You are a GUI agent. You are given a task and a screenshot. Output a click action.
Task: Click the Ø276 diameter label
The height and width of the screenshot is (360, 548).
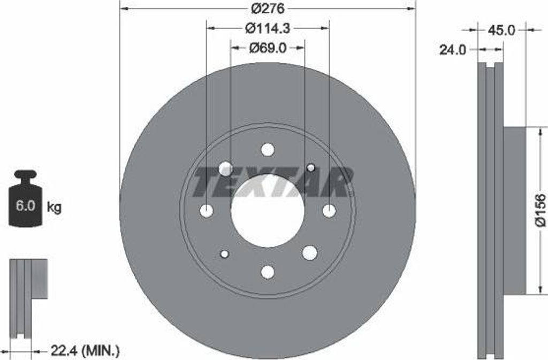(x=268, y=9)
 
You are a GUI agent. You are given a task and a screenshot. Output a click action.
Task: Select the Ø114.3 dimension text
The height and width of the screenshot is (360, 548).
(x=268, y=28)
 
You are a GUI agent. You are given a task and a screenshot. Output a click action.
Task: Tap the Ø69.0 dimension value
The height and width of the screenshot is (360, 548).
(x=268, y=48)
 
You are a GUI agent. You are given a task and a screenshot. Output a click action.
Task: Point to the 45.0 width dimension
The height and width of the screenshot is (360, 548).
(x=501, y=30)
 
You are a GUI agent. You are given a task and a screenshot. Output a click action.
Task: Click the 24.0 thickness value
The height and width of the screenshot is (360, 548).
(x=453, y=50)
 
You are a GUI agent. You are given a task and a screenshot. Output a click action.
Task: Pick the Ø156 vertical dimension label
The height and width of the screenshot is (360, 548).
(x=541, y=211)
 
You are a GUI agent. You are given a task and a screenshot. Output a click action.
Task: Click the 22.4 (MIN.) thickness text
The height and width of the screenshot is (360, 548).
(x=85, y=349)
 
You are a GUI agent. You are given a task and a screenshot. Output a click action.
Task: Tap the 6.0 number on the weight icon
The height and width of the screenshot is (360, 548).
(x=25, y=205)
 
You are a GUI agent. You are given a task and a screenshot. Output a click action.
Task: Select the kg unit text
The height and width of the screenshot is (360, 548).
(x=54, y=207)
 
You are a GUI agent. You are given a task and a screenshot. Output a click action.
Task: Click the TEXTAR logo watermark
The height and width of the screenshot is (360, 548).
(x=272, y=181)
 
